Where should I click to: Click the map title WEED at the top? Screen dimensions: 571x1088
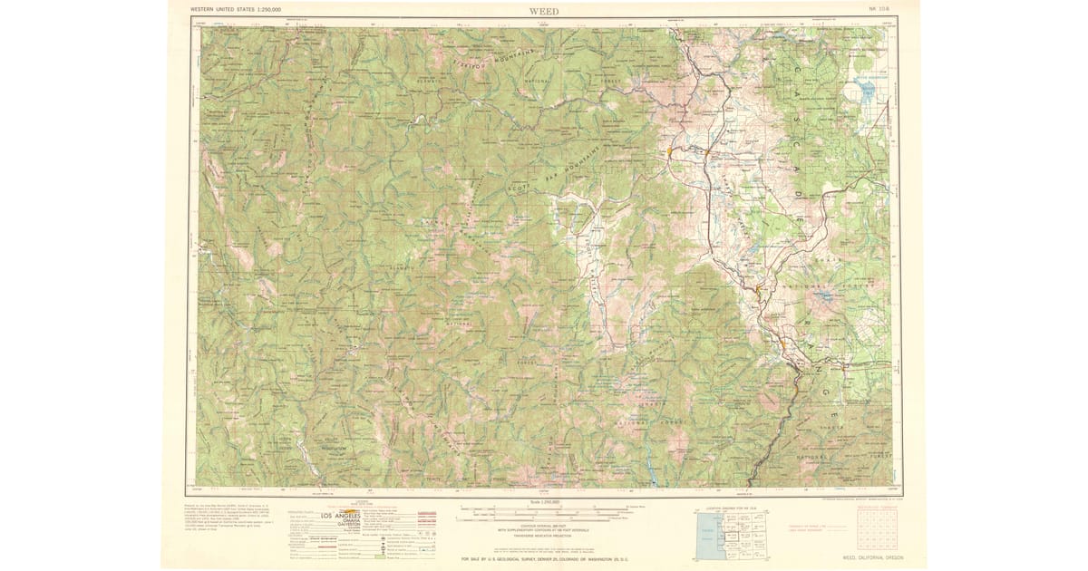(x=544, y=10)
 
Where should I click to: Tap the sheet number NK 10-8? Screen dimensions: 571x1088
(x=879, y=10)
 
